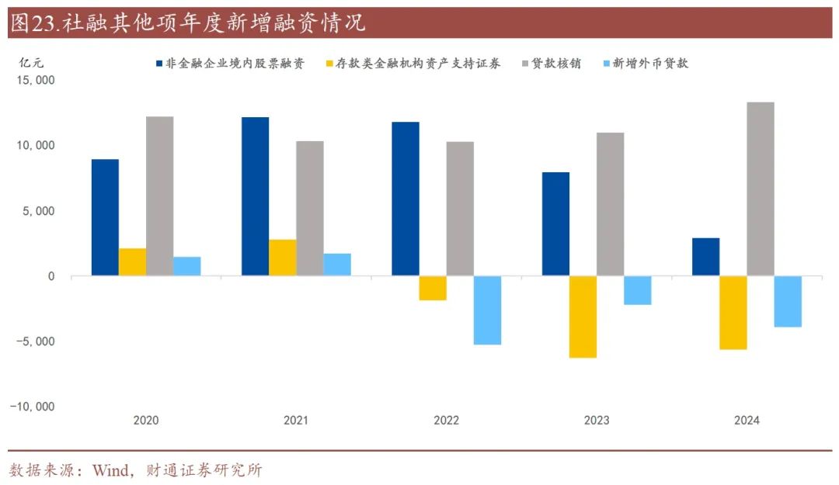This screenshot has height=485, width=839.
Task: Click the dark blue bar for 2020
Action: (x=105, y=217)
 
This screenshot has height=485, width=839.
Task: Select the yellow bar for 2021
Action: (x=283, y=258)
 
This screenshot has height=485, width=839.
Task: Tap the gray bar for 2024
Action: (x=761, y=189)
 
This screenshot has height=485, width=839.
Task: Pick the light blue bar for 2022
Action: (x=488, y=310)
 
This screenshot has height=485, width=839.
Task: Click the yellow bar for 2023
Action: (x=583, y=317)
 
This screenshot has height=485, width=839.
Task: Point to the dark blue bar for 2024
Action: (x=705, y=257)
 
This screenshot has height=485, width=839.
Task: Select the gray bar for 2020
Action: (x=160, y=196)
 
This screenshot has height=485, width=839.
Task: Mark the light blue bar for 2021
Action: (x=337, y=265)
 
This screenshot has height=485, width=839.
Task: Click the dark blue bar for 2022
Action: (x=406, y=199)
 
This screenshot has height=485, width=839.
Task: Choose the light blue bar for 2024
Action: (x=788, y=301)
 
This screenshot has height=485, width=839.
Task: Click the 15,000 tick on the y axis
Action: (x=33, y=81)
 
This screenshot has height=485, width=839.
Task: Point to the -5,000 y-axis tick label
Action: (x=33, y=341)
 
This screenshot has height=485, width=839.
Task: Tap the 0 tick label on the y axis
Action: (x=50, y=276)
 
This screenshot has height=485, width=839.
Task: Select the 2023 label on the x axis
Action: (x=597, y=421)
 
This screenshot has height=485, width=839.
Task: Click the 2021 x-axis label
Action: (x=296, y=421)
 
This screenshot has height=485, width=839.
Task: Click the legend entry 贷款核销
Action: (x=556, y=64)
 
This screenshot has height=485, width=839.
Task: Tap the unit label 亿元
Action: (x=29, y=63)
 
